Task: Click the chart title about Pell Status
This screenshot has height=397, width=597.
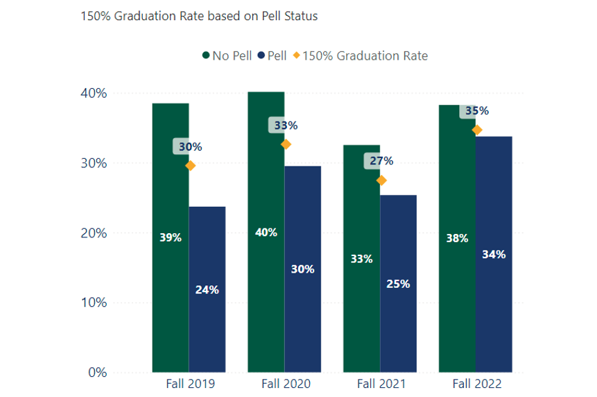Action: (x=199, y=15)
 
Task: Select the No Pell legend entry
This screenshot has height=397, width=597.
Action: (x=226, y=56)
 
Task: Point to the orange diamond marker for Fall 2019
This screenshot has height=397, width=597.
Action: (x=191, y=165)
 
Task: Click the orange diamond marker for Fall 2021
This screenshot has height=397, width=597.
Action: (x=381, y=180)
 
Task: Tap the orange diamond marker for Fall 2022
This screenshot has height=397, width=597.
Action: (x=477, y=130)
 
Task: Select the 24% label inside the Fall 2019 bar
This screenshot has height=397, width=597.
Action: (x=207, y=290)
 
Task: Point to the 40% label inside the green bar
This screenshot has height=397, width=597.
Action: (x=266, y=233)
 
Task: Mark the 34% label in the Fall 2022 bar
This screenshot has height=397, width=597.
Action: (x=494, y=254)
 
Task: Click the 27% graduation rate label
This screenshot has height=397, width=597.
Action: (x=381, y=161)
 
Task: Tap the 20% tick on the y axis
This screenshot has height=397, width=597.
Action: (x=94, y=233)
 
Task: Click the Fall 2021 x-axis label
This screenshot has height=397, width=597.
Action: (x=381, y=384)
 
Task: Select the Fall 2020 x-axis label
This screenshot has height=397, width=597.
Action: (x=286, y=384)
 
